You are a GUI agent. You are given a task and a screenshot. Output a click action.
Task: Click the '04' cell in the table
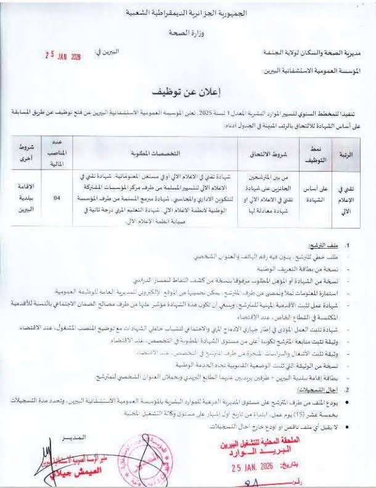pyautogui.click(x=57, y=198)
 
